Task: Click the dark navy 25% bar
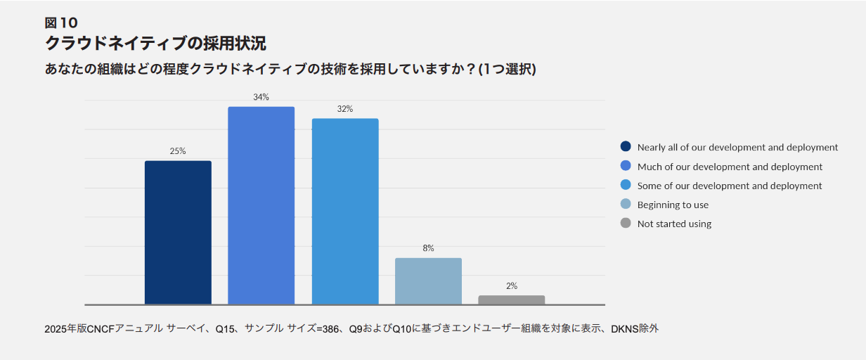[x=178, y=233]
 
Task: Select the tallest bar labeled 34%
[x=261, y=205]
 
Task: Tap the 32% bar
[x=345, y=211]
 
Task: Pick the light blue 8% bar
[x=428, y=281]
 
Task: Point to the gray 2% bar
[x=511, y=300]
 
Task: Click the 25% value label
[x=178, y=151]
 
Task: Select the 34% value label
[x=261, y=97]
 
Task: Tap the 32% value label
[x=345, y=109]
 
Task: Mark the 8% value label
[x=428, y=248]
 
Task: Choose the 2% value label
[x=511, y=285]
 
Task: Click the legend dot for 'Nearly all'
[x=626, y=147]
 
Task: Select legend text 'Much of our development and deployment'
[x=730, y=167]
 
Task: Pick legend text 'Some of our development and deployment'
[x=730, y=186]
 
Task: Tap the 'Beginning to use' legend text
[x=673, y=205]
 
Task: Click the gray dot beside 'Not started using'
[x=626, y=224]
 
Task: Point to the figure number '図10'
[x=61, y=22]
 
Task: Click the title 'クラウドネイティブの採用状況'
[x=155, y=44]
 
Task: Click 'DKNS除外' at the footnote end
[x=635, y=328]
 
